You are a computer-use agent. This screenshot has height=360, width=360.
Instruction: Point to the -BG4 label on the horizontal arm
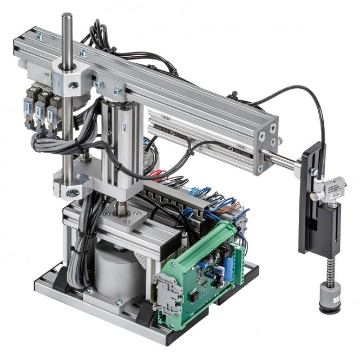166,116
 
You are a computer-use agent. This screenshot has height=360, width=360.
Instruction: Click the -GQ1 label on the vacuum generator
336,191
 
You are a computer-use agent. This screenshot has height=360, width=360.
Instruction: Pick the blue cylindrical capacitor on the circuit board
228,270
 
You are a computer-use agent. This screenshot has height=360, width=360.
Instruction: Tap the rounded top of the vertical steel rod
67,16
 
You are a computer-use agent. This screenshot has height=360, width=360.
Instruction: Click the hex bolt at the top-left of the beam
39,37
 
